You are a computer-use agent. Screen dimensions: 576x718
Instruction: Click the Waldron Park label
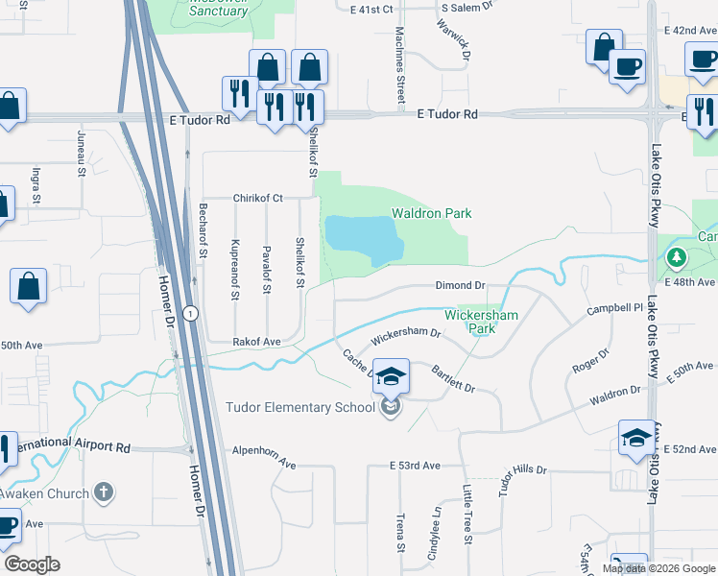[x=431, y=213]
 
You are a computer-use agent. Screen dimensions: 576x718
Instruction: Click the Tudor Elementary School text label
[x=299, y=407]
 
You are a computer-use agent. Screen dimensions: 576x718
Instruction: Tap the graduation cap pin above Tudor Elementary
[x=391, y=376]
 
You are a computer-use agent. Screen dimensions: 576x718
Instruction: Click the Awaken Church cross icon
[x=104, y=493]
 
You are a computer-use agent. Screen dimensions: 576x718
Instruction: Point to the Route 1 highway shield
[x=192, y=313]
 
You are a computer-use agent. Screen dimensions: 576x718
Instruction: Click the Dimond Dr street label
[x=461, y=286]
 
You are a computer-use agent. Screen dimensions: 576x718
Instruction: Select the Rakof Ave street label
[x=256, y=342]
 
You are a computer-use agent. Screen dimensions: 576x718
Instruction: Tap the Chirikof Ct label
[x=258, y=199]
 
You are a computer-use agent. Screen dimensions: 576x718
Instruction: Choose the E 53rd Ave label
[x=415, y=465]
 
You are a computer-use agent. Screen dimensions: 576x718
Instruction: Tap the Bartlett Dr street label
[x=453, y=377]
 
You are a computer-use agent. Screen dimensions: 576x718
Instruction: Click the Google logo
[x=33, y=565]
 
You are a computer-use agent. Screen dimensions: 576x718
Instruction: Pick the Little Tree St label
[x=468, y=514]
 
